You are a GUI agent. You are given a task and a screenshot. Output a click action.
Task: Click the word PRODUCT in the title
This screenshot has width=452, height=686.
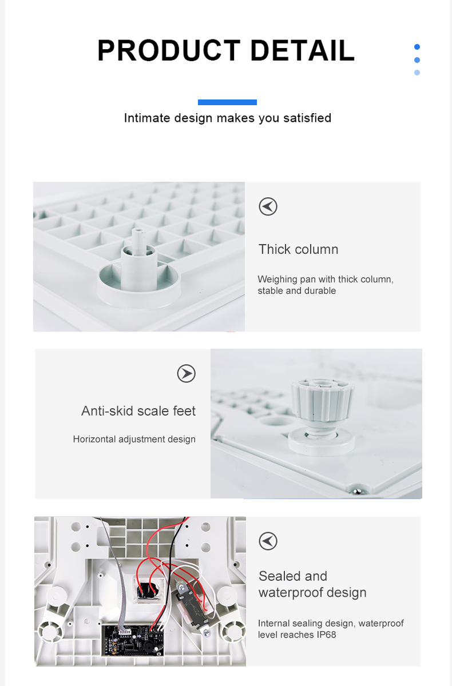(169, 50)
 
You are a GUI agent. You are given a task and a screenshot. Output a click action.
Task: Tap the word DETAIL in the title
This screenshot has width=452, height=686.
(303, 50)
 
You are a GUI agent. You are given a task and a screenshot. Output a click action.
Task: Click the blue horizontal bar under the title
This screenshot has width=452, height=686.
(227, 102)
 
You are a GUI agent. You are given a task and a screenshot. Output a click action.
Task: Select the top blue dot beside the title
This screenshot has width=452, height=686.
(417, 47)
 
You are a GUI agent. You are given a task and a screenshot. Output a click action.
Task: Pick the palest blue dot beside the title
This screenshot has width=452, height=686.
(417, 73)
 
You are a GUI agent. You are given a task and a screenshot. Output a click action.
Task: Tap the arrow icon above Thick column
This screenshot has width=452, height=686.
(268, 206)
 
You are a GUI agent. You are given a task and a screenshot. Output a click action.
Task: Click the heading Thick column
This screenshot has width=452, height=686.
(299, 249)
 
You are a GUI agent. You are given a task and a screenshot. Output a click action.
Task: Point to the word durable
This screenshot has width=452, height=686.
(322, 290)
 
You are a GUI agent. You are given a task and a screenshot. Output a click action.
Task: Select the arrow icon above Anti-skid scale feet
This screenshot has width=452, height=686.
(187, 373)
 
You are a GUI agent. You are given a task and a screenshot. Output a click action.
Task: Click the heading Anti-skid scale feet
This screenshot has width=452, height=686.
(138, 411)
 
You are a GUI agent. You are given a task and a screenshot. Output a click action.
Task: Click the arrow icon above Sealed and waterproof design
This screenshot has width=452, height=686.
(268, 541)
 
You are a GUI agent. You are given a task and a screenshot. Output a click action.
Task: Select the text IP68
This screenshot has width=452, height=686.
(326, 635)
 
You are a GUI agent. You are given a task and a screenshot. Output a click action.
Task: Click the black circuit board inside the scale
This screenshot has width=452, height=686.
(132, 640)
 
